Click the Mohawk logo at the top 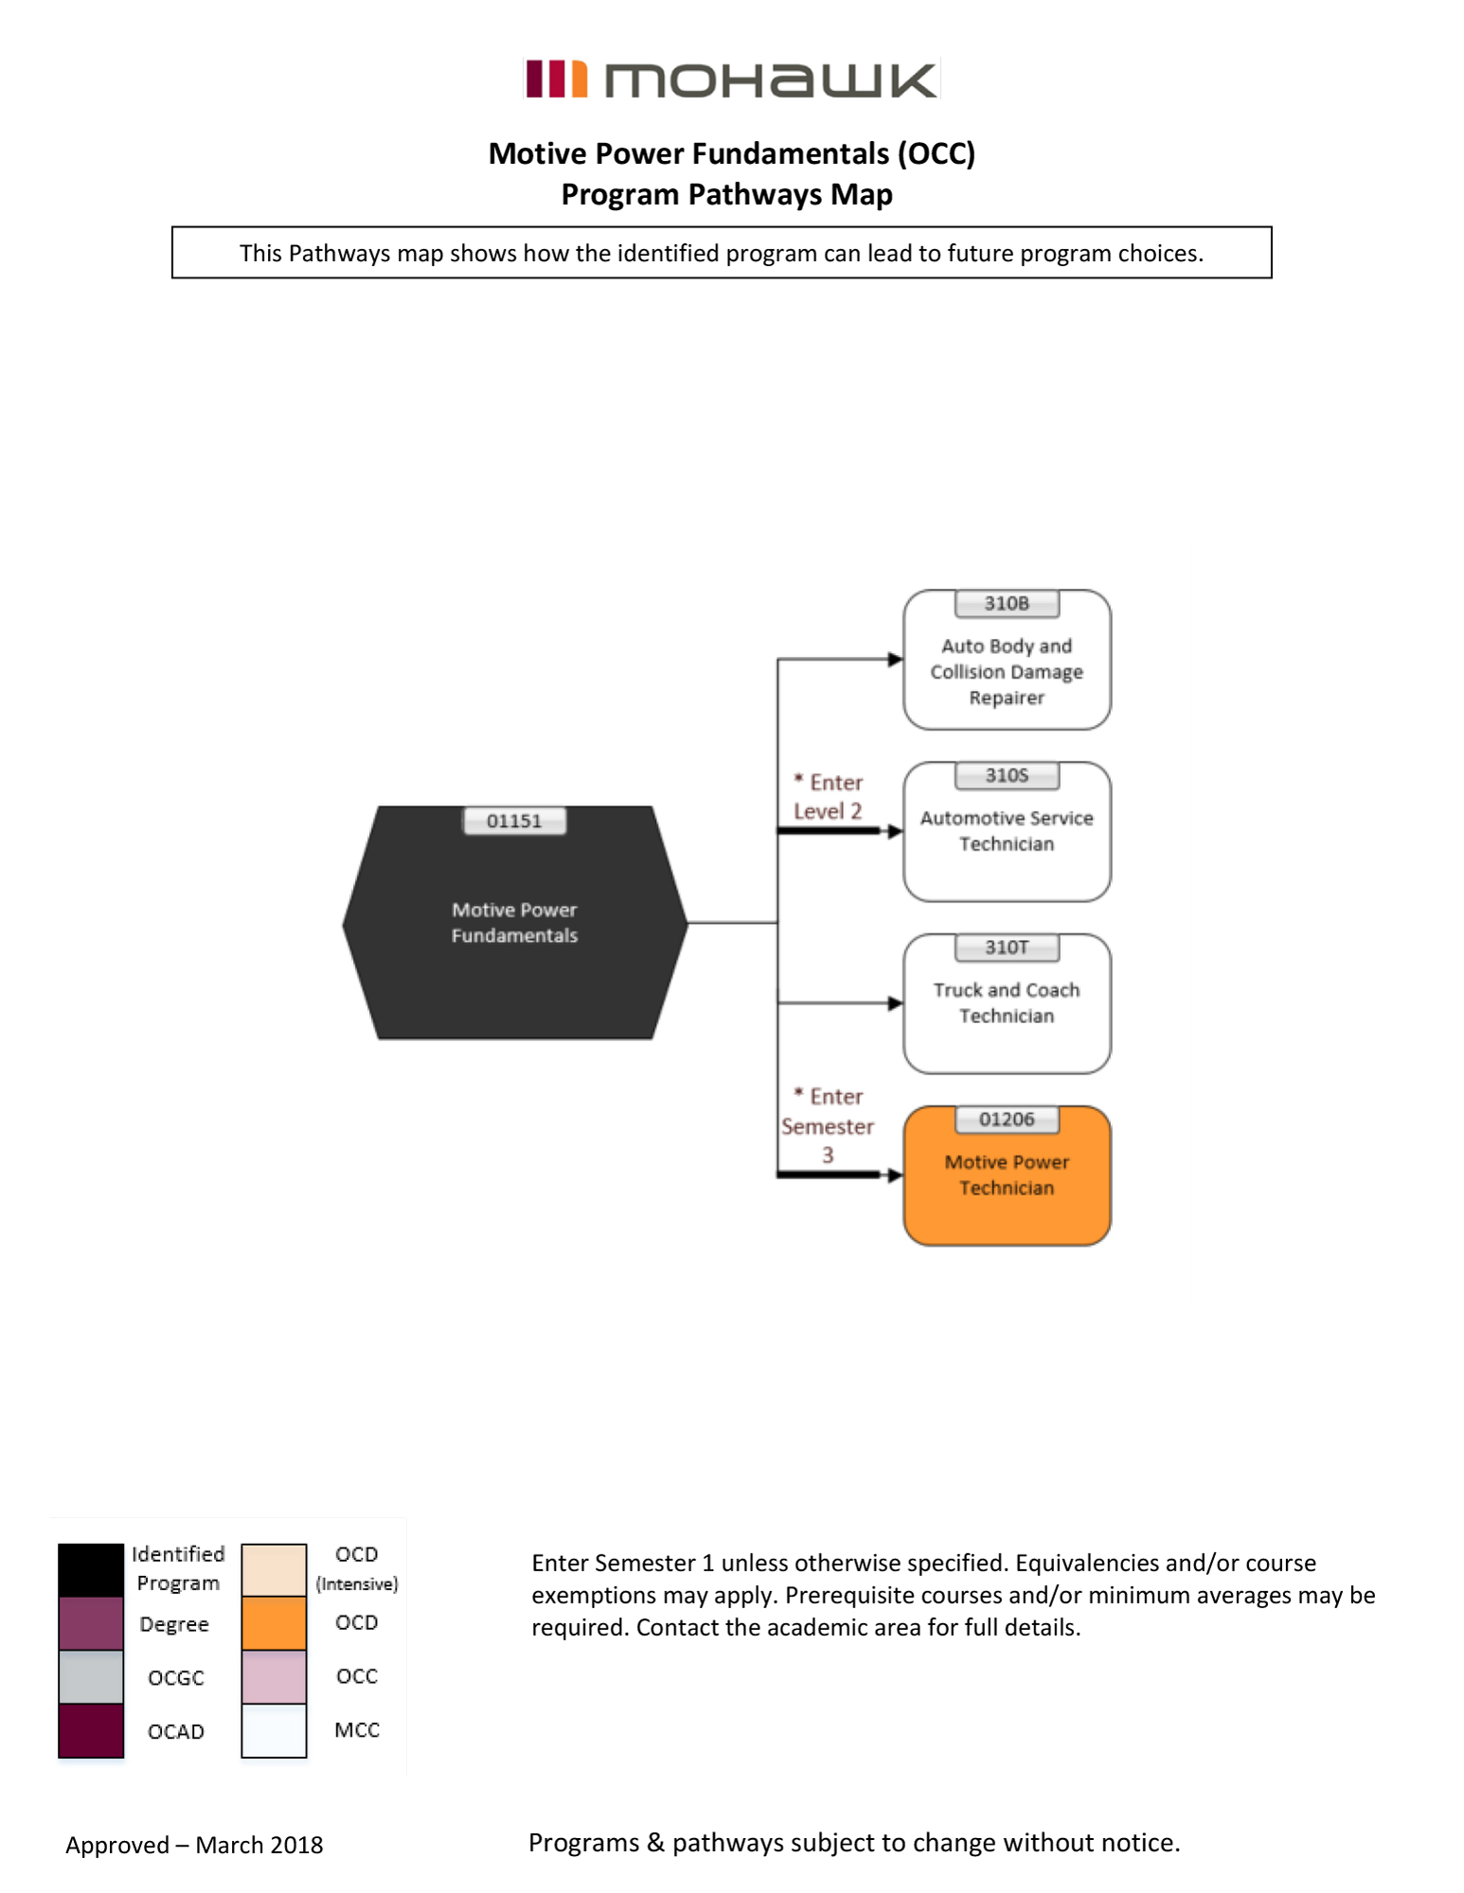point(731,80)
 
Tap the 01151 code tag point(514,821)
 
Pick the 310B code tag point(1007,604)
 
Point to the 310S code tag point(1007,775)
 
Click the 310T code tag point(1007,947)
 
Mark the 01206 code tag point(1007,1120)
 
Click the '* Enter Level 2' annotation point(829,797)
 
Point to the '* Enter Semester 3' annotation point(828,1125)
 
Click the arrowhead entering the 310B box point(895,660)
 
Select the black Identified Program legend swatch point(91,1570)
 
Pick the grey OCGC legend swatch point(91,1676)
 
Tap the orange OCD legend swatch point(274,1623)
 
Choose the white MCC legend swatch point(274,1730)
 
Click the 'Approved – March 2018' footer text point(194,1845)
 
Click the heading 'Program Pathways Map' point(726,194)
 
